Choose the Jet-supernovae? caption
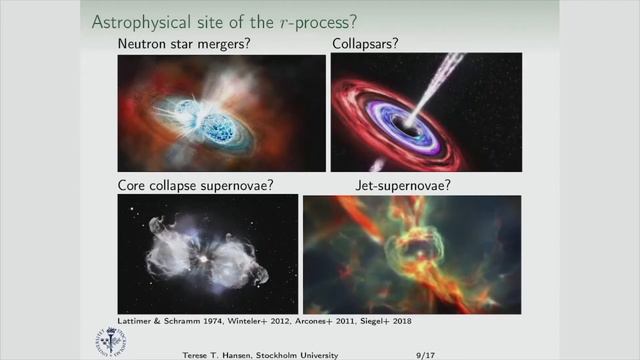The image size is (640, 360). [x=403, y=185]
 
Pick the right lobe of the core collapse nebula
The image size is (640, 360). [x=236, y=261]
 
